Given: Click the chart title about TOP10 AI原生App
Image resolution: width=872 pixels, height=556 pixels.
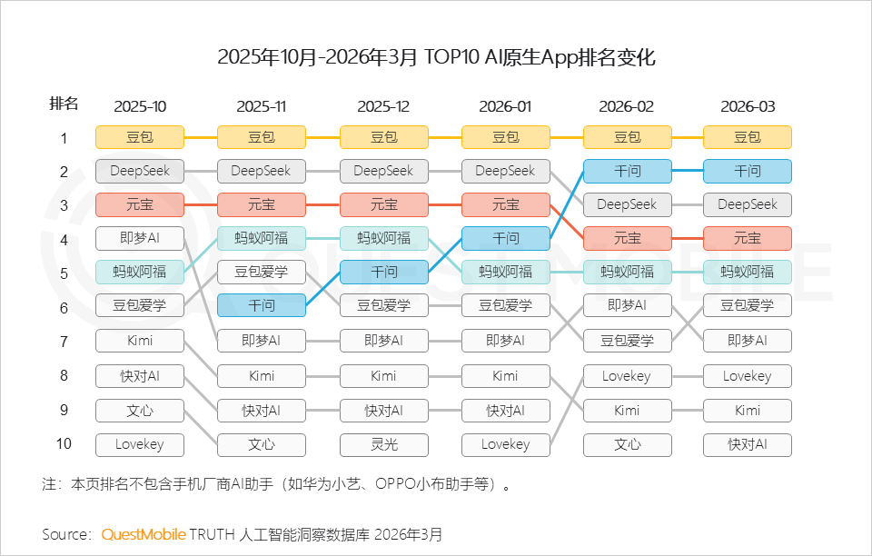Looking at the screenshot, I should pos(436,58).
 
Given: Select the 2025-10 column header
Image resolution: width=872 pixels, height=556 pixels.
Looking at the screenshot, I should pos(140,106).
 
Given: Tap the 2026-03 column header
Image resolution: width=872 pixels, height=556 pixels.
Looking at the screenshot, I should pos(748,106).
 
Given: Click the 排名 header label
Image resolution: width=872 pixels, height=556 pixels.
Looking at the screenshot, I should pos(64,104).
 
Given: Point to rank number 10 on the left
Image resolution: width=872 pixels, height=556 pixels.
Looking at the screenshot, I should pos(64,443).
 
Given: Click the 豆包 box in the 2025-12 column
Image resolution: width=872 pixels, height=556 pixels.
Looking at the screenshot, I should pos(383,137).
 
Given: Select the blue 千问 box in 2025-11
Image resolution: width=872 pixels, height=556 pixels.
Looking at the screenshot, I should pos(262,305).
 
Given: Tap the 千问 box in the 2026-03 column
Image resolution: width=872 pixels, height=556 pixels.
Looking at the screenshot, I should pos(748,171).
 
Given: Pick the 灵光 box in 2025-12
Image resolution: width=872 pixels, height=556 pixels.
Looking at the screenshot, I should pos(383,444).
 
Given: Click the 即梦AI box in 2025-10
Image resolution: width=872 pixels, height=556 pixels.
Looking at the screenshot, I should pos(140,238).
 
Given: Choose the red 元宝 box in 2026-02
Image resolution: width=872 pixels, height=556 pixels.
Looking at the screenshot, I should pos(627,238).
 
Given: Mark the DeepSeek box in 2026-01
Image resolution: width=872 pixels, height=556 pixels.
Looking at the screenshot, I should pos(505,171).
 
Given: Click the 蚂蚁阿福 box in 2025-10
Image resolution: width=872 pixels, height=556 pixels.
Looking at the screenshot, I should pos(140,272).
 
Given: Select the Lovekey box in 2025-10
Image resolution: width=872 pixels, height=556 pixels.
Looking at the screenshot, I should pos(140,444).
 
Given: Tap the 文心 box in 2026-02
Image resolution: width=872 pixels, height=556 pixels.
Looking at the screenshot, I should pos(627,444).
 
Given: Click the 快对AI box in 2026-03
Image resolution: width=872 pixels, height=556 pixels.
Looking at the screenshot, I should pos(748,444).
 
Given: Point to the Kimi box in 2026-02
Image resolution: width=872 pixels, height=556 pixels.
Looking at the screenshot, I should pos(627,410).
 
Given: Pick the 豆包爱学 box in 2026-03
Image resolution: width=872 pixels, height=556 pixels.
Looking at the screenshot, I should pos(748,305).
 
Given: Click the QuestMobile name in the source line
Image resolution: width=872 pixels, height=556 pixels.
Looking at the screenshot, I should pos(144,533).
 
